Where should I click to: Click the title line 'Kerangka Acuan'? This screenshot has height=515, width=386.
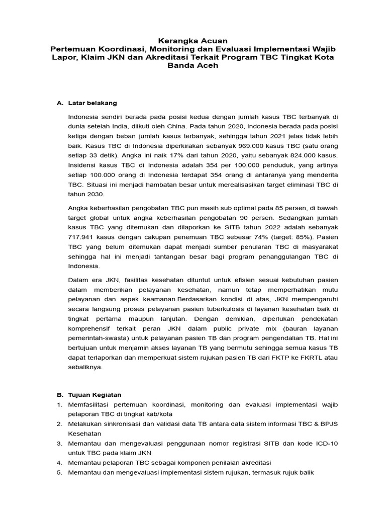click(x=192, y=40)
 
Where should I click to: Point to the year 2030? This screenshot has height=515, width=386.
click(x=94, y=194)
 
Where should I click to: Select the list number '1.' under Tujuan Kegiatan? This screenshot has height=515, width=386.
click(x=59, y=404)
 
